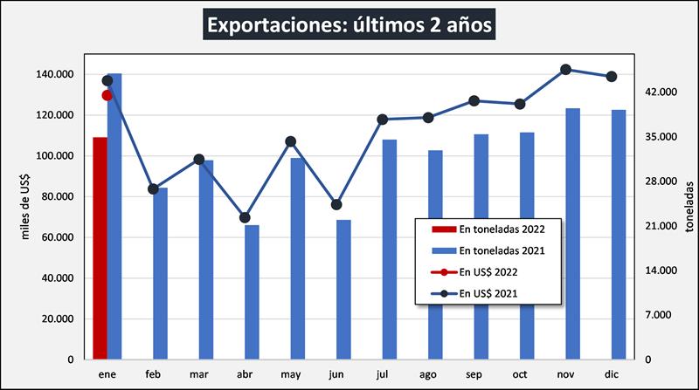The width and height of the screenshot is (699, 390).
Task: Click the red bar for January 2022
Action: (x=100, y=248)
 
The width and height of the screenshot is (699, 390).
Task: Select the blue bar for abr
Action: (x=252, y=292)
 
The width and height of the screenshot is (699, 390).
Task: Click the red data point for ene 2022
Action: (x=107, y=95)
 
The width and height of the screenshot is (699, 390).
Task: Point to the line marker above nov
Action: (x=565, y=70)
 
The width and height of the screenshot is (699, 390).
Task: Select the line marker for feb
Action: (x=153, y=188)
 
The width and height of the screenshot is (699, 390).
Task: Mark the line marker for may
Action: (x=291, y=141)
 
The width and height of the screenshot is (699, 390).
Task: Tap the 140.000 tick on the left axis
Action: (x=56, y=74)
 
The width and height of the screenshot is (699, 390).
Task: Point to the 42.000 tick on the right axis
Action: (x=661, y=92)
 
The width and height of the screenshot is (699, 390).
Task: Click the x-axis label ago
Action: (x=428, y=375)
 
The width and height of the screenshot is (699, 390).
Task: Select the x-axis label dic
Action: (x=612, y=375)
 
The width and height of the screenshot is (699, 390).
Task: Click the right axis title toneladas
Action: (x=689, y=205)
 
